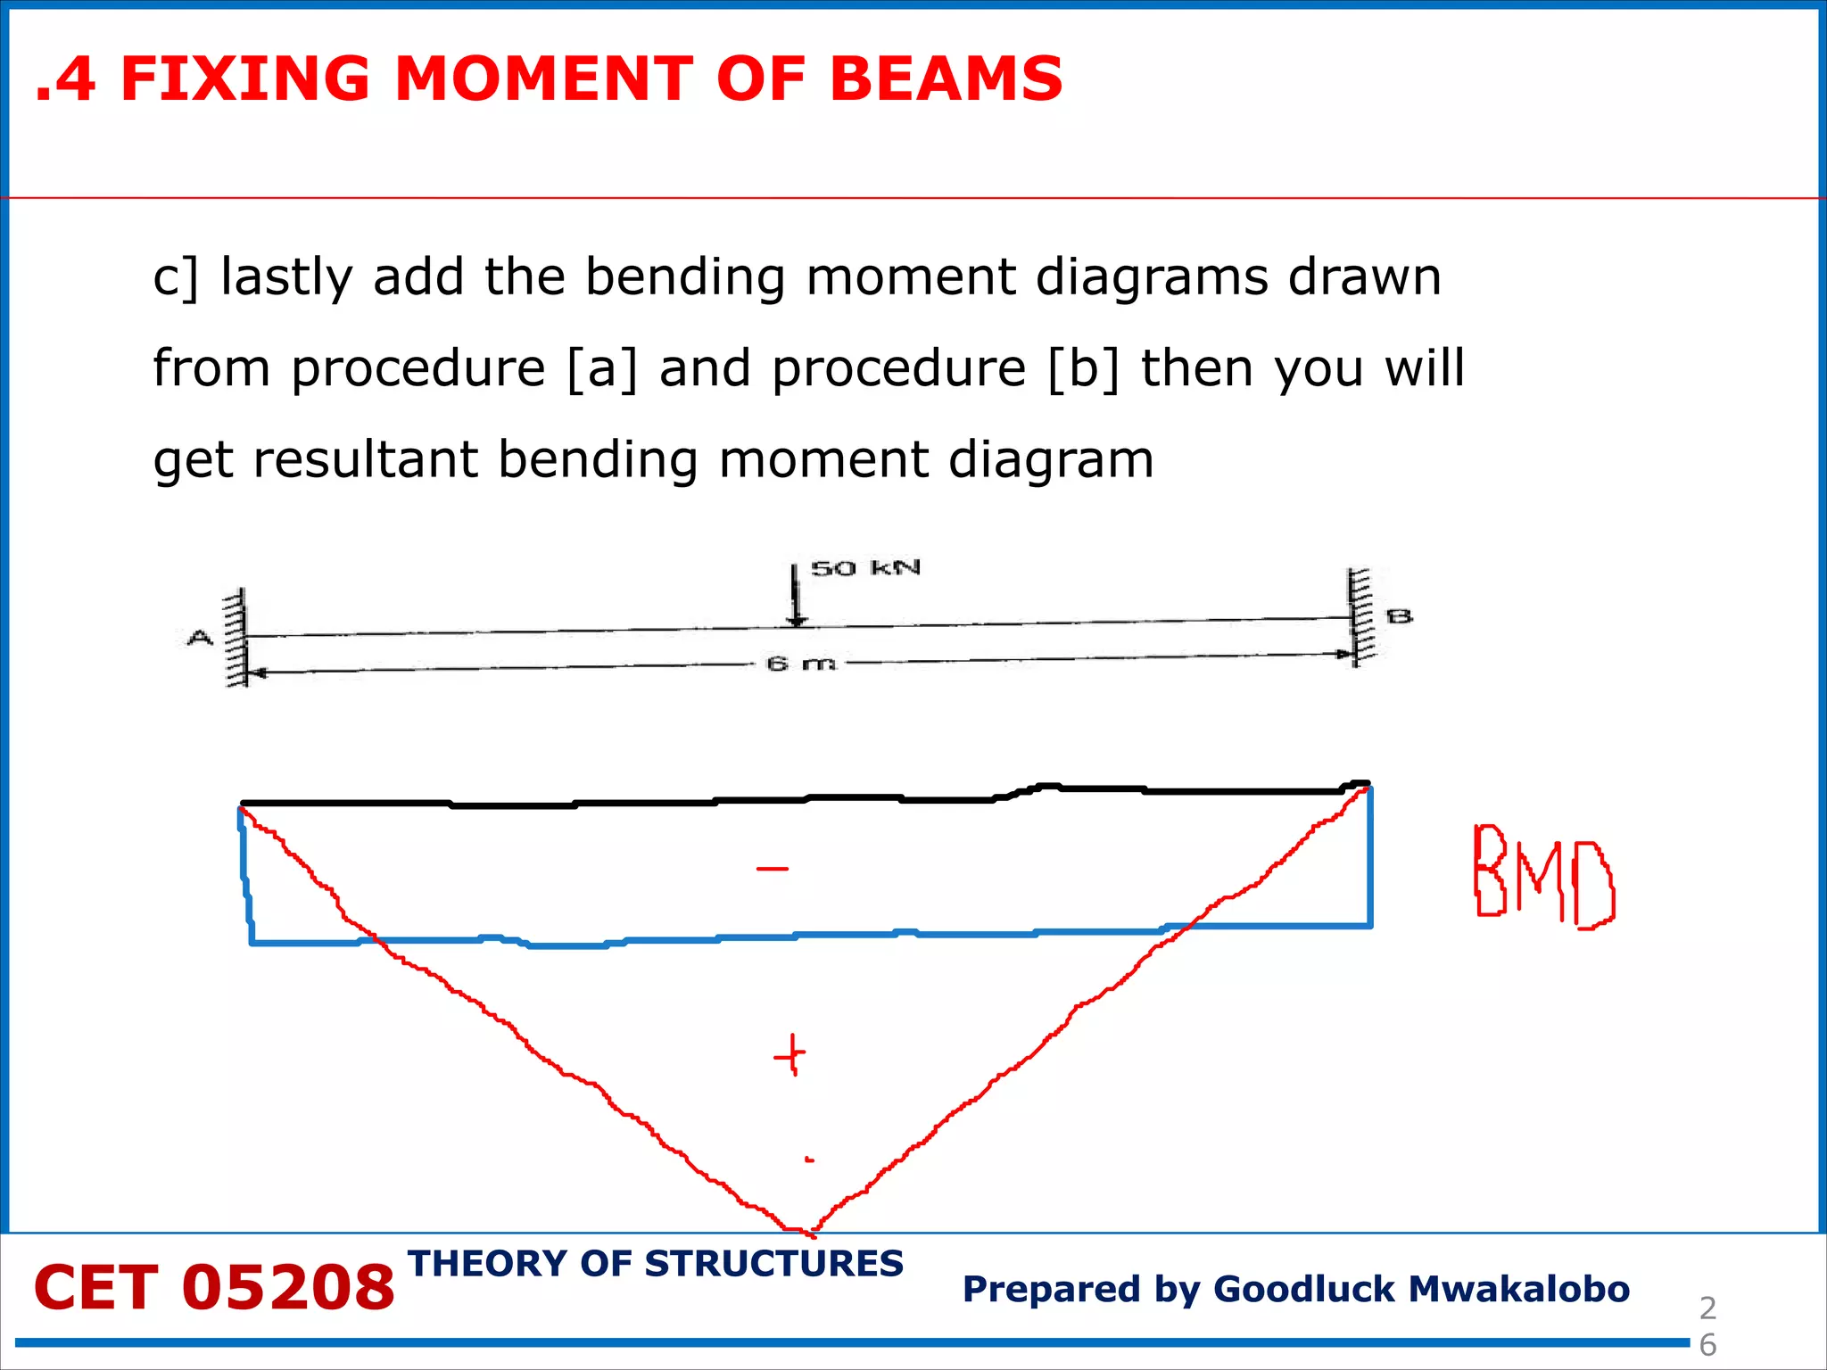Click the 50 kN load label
click(864, 568)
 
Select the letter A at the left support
click(200, 638)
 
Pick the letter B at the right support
click(1399, 616)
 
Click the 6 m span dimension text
click(801, 664)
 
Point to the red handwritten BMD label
click(1542, 877)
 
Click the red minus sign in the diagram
click(773, 868)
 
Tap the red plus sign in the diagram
click(789, 1056)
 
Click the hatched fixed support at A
click(236, 637)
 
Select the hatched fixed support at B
click(1359, 617)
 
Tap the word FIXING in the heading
click(244, 78)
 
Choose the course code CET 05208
click(214, 1288)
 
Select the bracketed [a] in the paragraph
click(603, 367)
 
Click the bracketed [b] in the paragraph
click(1084, 367)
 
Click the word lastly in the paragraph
click(287, 276)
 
